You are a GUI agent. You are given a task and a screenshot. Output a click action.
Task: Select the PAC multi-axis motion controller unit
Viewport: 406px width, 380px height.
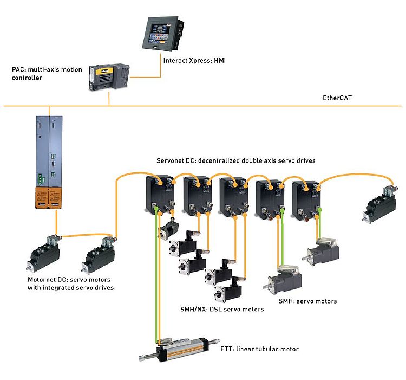110,76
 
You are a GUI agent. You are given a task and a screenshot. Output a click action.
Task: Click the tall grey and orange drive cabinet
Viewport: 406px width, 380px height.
49,163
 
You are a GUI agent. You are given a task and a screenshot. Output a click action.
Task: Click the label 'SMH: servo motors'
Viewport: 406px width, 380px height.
307,301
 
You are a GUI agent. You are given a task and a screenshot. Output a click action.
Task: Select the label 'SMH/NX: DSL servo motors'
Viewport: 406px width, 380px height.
222,310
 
